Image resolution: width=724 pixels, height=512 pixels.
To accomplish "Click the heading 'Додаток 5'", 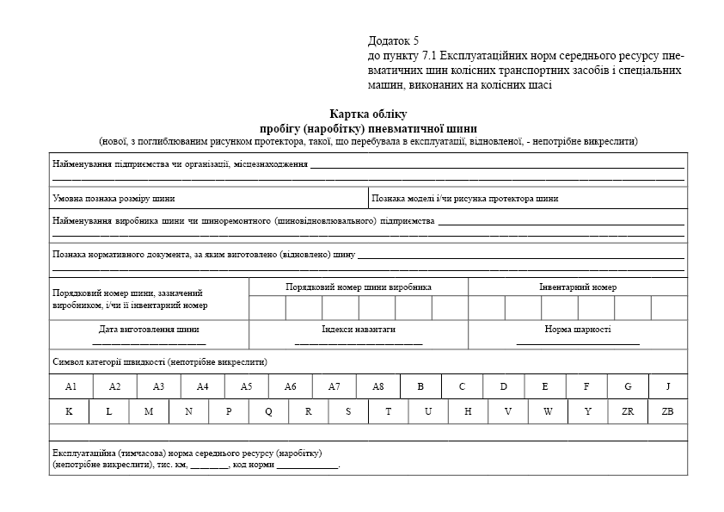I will pos(393,40).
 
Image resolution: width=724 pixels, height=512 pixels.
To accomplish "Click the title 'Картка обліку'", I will pos(368,114).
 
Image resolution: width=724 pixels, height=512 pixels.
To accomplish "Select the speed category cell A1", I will pos(71,386).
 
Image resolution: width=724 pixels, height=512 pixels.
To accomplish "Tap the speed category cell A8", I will pos(377,386).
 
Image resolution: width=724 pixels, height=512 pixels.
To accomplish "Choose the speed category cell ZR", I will pos(628,411).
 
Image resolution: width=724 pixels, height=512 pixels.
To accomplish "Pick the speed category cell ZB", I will pos(668,411).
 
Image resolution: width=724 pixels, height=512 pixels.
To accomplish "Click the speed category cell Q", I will pos(268,411).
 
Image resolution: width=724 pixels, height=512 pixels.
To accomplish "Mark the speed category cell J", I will pos(668,386).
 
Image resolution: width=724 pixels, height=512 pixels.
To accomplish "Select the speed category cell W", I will pos(548,411).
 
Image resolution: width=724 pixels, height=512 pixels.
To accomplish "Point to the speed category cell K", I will pos(69,411).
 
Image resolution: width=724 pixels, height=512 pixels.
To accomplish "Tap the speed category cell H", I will pos(468,411).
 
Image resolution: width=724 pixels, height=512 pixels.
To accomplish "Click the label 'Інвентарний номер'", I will pos(578,287).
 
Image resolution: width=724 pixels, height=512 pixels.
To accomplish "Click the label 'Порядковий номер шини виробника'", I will pos(359,287).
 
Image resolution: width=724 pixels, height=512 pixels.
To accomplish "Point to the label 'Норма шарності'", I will pos(578,330).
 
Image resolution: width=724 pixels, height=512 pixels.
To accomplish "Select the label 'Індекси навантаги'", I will pos(359,330).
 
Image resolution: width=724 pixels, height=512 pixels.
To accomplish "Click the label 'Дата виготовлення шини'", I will pos(149,330).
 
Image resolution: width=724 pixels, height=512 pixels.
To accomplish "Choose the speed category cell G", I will pos(628,386).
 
